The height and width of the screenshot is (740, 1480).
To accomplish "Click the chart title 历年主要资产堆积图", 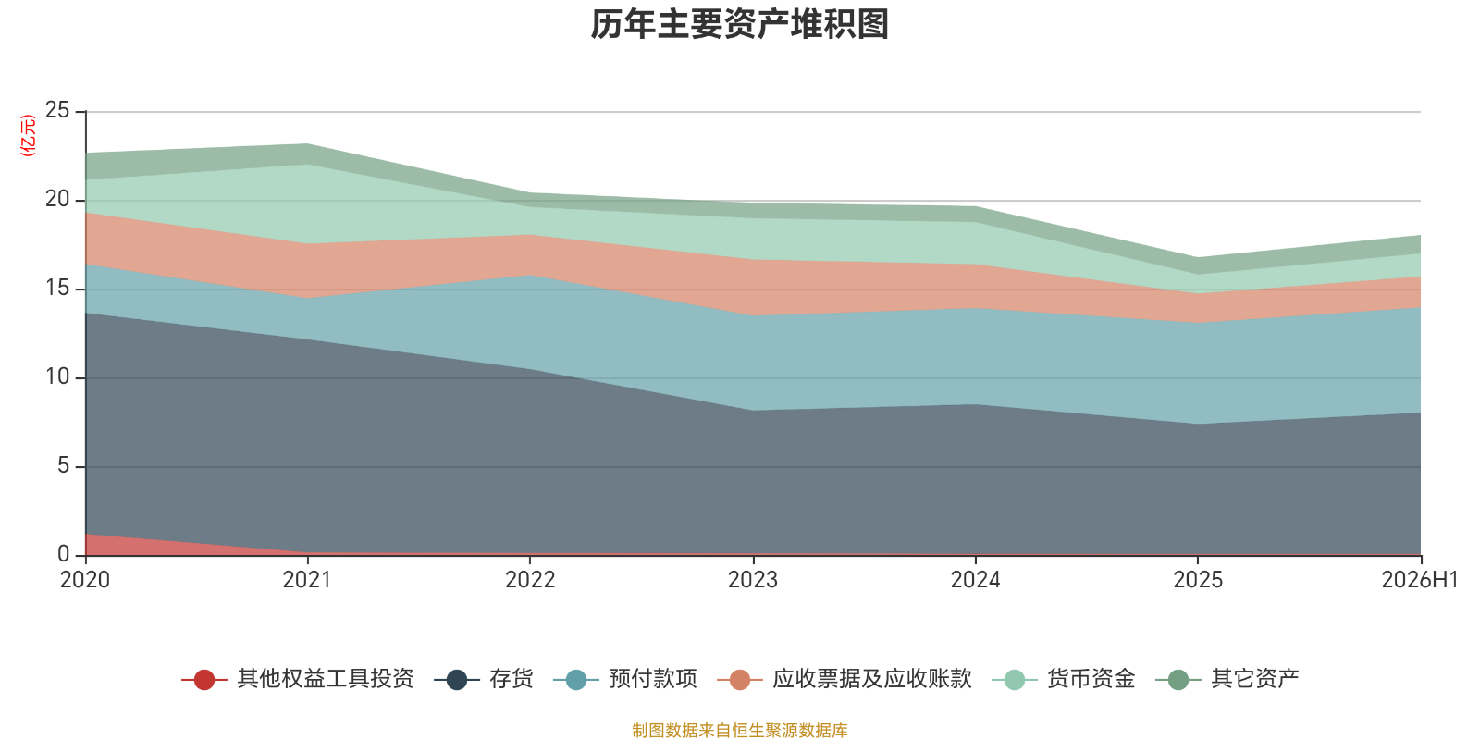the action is (739, 24).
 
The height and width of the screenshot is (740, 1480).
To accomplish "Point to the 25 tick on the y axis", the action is (57, 110).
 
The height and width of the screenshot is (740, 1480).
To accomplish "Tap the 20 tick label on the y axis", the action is (57, 199).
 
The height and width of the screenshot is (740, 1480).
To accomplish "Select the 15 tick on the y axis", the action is (57, 288).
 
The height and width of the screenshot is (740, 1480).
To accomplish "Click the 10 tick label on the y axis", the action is (57, 376).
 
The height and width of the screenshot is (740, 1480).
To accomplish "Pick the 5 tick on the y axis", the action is (64, 466).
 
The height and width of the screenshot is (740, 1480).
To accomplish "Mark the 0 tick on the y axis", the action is (64, 554).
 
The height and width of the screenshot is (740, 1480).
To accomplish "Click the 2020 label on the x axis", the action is (85, 580).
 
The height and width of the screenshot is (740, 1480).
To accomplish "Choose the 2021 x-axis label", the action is (307, 580).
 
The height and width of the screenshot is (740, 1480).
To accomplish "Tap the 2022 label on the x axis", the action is (530, 580).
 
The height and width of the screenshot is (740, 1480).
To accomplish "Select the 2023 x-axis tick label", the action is (753, 580).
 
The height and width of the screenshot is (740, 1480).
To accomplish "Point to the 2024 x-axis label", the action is (975, 580).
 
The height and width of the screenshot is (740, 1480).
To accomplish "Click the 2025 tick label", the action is (1198, 580).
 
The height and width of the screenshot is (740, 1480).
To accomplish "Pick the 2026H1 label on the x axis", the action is (1419, 580).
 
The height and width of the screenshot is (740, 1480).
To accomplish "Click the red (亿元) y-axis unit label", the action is (28, 135).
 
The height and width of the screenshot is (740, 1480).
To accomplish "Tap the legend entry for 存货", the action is (484, 679).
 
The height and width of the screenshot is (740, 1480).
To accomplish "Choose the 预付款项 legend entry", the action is (625, 679).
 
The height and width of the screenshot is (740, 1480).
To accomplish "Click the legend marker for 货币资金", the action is (1014, 680).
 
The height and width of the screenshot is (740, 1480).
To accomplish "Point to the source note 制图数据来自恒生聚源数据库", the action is (739, 730).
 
